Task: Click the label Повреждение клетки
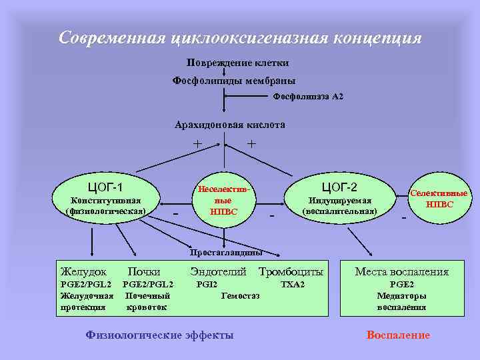(x=237, y=63)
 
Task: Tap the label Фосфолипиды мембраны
(x=234, y=81)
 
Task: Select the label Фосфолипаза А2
(x=309, y=97)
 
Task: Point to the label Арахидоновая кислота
(x=230, y=125)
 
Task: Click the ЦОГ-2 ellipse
(x=339, y=196)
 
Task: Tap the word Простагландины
(x=225, y=253)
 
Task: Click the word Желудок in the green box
(x=83, y=272)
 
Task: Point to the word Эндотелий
(x=218, y=272)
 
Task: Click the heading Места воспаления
(x=401, y=272)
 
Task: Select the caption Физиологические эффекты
(x=160, y=335)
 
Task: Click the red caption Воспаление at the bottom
(x=398, y=335)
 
